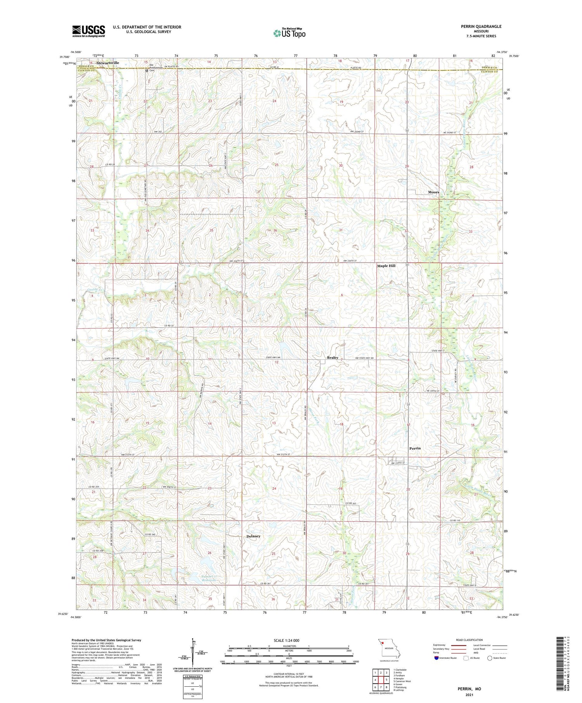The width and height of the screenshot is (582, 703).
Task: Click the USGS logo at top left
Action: (88, 31)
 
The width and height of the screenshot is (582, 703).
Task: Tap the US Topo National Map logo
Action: (289, 33)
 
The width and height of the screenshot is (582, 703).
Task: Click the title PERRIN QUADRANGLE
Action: (481, 26)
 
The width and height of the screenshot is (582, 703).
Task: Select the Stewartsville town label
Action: (108, 63)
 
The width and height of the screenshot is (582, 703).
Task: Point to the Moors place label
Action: (433, 192)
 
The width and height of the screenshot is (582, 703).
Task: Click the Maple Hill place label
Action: (386, 266)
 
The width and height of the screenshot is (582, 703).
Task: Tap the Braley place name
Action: (333, 358)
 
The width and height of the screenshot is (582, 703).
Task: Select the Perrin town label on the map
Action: (415, 448)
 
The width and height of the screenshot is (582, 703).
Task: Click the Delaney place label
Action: (253, 536)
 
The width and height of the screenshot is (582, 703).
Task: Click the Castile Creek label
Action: (94, 290)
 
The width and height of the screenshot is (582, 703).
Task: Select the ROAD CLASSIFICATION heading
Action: (469, 640)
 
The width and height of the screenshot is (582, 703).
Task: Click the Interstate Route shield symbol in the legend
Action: (436, 658)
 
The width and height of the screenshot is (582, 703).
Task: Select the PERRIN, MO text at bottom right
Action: (469, 689)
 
